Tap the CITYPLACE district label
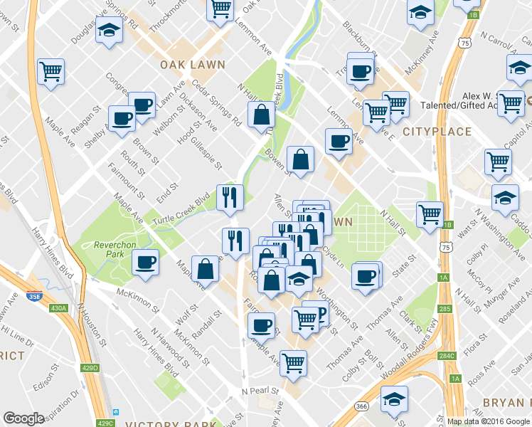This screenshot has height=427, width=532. (437, 132)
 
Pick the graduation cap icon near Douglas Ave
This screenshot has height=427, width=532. (108, 32)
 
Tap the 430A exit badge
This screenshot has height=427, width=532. (59, 307)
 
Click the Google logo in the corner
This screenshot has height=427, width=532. (23, 418)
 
